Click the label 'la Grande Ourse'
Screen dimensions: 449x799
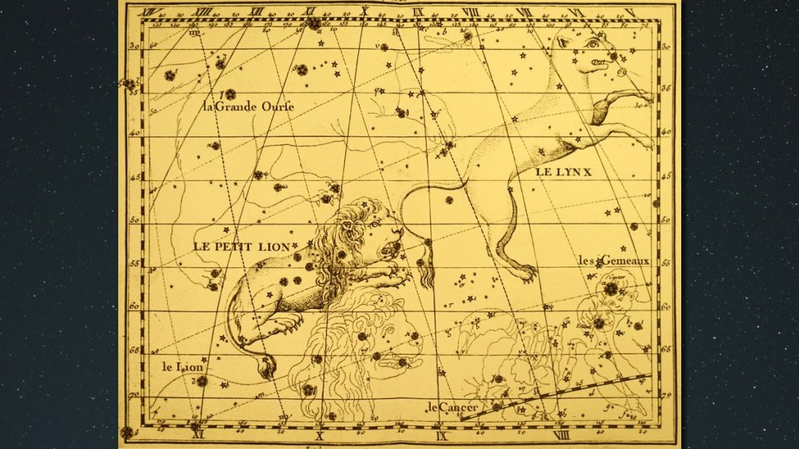pos(248,106)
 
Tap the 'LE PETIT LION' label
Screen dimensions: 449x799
pos(242,246)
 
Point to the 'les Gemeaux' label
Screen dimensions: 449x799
pos(613,260)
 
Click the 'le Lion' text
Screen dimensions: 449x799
pos(182,366)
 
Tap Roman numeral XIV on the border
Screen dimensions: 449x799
pos(145,11)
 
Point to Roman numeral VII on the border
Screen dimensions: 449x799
pos(524,12)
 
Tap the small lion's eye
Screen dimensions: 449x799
pos(375,224)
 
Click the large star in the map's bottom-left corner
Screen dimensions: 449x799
pos(126,432)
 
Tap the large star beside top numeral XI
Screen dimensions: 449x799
pos(314,24)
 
